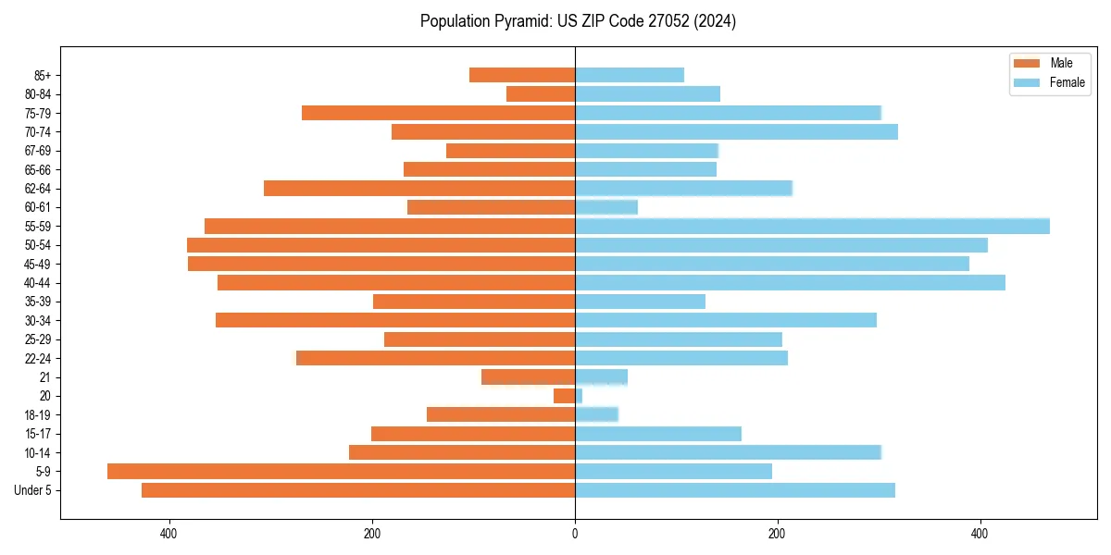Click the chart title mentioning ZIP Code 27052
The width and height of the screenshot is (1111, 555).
coord(578,21)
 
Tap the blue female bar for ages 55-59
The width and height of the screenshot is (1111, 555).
coord(812,226)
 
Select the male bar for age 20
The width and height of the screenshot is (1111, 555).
coord(565,396)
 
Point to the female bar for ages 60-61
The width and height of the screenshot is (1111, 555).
coord(606,207)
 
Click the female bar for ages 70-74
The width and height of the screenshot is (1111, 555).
coord(736,131)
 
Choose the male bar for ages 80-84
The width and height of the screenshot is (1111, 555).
coord(541,93)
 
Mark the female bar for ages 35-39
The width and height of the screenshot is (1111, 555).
coord(640,302)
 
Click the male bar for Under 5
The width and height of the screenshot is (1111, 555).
coord(358,490)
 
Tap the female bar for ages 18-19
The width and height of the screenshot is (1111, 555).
coord(596,414)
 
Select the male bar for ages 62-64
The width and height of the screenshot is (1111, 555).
coord(419,188)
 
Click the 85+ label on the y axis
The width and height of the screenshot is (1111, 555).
coord(43,75)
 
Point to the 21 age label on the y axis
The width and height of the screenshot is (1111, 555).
coord(44,377)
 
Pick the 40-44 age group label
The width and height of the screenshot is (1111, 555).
coord(38,283)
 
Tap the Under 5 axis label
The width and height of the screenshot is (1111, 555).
coord(33,490)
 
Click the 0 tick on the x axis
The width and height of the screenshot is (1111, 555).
coord(575,534)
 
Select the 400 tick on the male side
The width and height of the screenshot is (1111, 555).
coord(169,534)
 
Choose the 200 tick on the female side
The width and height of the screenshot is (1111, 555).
coord(778,534)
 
